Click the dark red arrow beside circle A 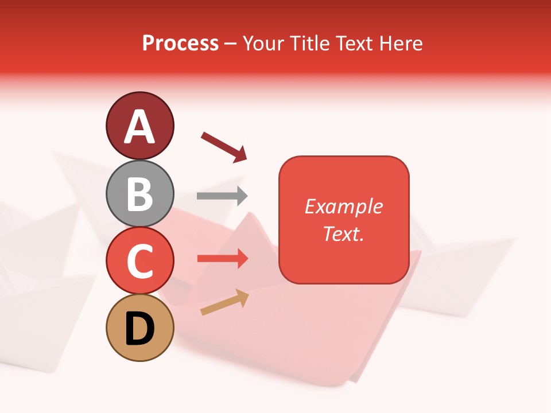point(224,146)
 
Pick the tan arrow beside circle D point(224,302)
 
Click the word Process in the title point(180,44)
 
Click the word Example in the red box point(343,206)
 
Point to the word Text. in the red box point(343,233)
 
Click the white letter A point(140,127)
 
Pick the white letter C point(140,262)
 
